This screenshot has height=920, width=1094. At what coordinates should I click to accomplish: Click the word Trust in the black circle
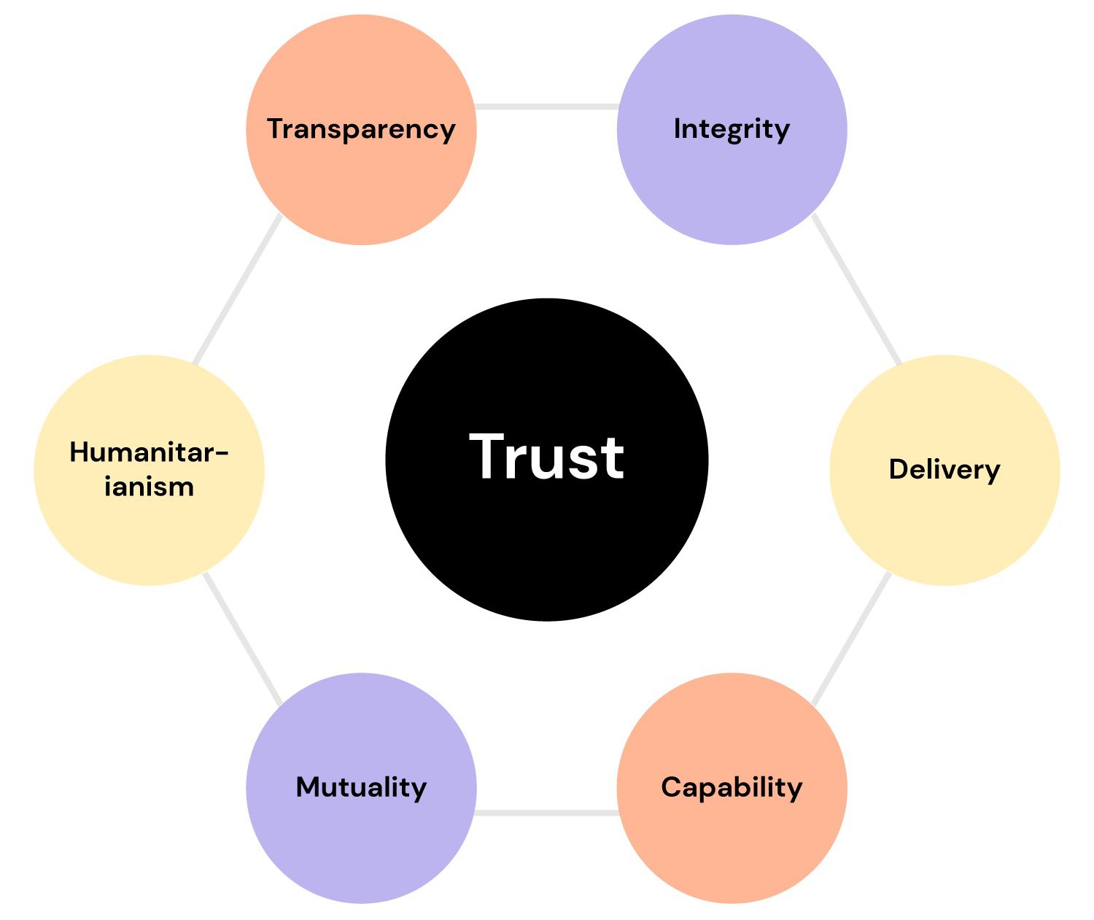[x=546, y=457]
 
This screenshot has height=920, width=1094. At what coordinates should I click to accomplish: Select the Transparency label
[x=361, y=129]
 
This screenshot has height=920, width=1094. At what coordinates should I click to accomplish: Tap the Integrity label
[x=732, y=129]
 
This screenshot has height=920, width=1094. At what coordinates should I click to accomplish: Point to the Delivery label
[x=944, y=469]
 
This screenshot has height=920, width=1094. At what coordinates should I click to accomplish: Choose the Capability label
[x=732, y=787]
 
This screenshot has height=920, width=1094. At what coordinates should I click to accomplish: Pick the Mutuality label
[x=361, y=787]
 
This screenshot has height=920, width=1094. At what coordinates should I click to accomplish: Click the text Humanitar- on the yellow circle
[x=149, y=452]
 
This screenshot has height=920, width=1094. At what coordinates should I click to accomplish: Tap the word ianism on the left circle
[x=149, y=487]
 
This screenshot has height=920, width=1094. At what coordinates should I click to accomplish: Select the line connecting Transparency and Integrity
[x=546, y=107]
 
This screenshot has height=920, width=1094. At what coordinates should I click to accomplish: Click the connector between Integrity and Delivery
[x=857, y=290]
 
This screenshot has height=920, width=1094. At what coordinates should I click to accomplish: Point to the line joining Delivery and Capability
[x=852, y=639]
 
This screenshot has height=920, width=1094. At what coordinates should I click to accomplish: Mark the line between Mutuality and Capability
[x=546, y=812]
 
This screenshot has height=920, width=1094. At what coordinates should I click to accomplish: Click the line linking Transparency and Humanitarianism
[x=237, y=290]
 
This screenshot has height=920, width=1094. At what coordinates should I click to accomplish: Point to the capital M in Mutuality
[x=308, y=787]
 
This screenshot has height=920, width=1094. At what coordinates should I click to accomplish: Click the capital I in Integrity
[x=677, y=128]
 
